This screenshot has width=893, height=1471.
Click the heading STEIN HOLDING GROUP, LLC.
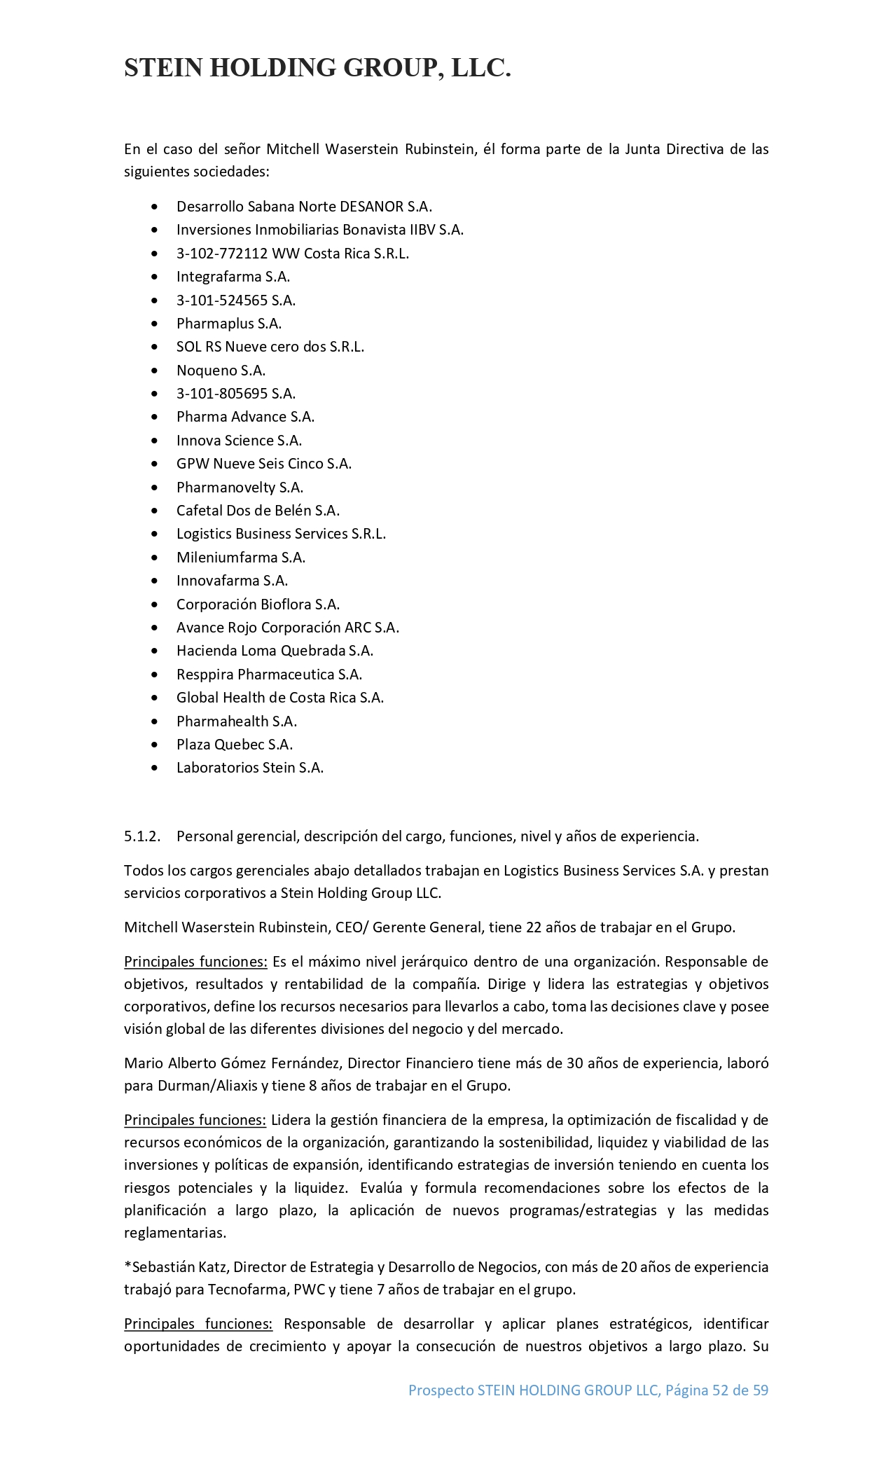pyautogui.click(x=317, y=68)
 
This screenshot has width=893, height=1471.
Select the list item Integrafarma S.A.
pyautogui.click(x=233, y=277)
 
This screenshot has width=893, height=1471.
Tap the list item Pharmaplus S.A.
pyautogui.click(x=228, y=324)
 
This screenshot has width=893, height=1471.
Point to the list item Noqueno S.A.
pyautogui.click(x=221, y=371)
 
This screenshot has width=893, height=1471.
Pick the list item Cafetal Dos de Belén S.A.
pyautogui.click(x=258, y=511)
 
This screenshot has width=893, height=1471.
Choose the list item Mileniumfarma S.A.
pyautogui.click(x=241, y=558)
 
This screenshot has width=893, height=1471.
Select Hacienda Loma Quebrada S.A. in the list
pyautogui.click(x=275, y=651)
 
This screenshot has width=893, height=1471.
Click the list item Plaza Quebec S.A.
pyautogui.click(x=235, y=745)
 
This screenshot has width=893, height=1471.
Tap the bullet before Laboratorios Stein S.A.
pyautogui.click(x=155, y=768)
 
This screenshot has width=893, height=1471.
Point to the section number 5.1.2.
pyautogui.click(x=142, y=836)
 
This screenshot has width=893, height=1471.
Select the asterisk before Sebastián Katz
pyautogui.click(x=127, y=1266)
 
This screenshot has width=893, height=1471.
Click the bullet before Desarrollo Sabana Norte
pyautogui.click(x=155, y=207)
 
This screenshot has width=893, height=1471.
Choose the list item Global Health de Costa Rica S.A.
pyautogui.click(x=280, y=698)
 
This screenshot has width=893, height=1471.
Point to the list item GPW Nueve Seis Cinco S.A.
pyautogui.click(x=264, y=464)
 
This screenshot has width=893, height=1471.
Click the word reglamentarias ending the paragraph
pyautogui.click(x=174, y=1233)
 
